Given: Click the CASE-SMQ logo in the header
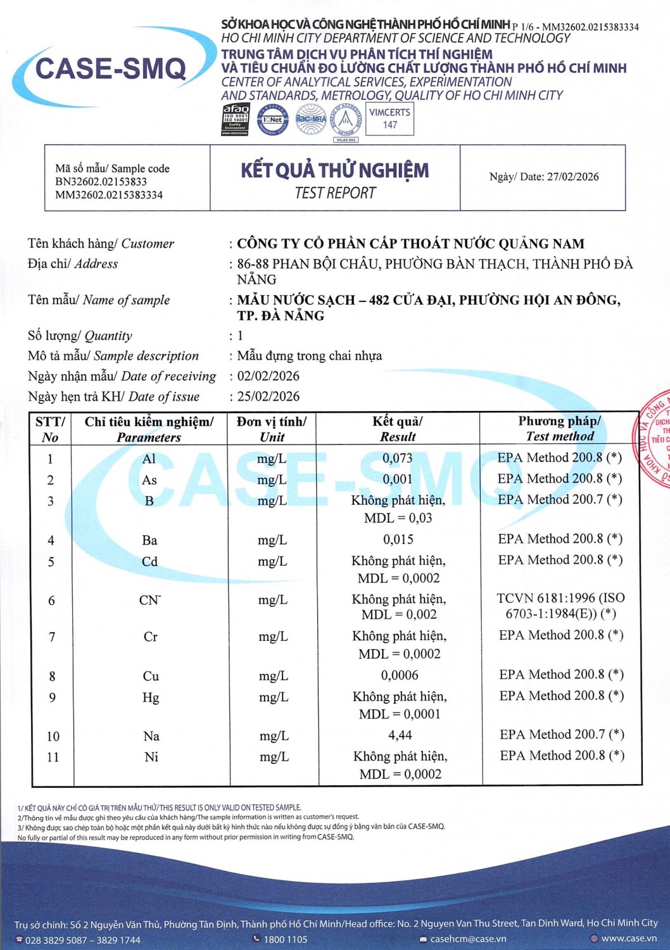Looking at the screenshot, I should [x=111, y=68].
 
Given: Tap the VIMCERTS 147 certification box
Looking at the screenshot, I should [x=389, y=118].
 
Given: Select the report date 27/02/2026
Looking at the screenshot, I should [x=572, y=177].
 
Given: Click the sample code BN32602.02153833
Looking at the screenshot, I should [x=101, y=182].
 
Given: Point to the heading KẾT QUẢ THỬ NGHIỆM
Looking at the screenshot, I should [x=334, y=170].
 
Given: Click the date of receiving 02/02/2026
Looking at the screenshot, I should [x=268, y=376].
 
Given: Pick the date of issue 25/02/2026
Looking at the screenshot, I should [x=268, y=396].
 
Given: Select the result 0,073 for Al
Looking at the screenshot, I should [x=397, y=458].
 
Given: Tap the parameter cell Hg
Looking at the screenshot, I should [x=151, y=697].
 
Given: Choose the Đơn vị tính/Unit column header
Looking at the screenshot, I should [x=272, y=429].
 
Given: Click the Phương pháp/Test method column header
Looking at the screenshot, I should [x=560, y=429].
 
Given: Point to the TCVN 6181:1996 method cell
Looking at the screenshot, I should [x=560, y=605].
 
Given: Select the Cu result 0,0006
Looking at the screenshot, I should [x=399, y=676].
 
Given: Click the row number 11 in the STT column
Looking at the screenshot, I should [x=53, y=757].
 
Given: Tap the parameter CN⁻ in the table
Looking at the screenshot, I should [x=149, y=600].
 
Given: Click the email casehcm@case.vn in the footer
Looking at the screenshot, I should [x=467, y=939].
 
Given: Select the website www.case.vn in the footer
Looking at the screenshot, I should [x=628, y=939].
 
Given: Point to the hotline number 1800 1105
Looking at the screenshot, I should [x=285, y=939].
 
